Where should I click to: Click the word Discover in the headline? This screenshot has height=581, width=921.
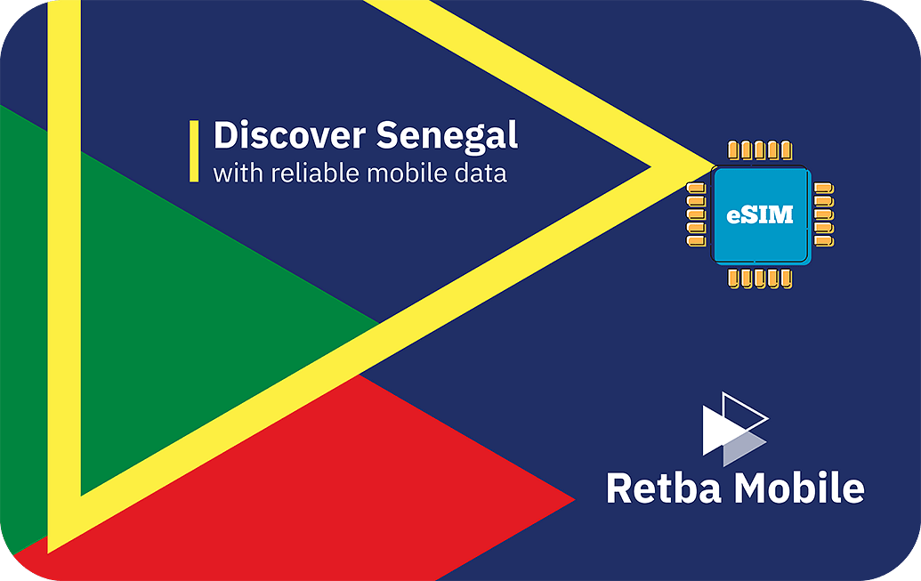[289, 135]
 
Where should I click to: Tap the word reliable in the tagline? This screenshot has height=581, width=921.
[315, 173]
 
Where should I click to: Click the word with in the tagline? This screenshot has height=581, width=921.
[238, 173]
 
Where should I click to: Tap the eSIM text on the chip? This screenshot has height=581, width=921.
[759, 215]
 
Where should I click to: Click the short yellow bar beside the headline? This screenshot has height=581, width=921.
[194, 151]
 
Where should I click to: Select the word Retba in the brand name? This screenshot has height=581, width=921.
[664, 488]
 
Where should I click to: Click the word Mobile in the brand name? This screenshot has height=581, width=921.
[799, 488]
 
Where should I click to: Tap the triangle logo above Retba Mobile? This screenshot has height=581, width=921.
[735, 429]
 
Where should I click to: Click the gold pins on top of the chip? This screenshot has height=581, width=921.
[759, 150]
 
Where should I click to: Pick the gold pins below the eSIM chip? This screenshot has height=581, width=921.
[759, 278]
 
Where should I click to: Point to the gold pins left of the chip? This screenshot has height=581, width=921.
[696, 214]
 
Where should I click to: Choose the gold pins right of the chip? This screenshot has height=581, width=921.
[823, 214]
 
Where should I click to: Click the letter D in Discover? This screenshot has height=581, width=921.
[225, 136]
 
